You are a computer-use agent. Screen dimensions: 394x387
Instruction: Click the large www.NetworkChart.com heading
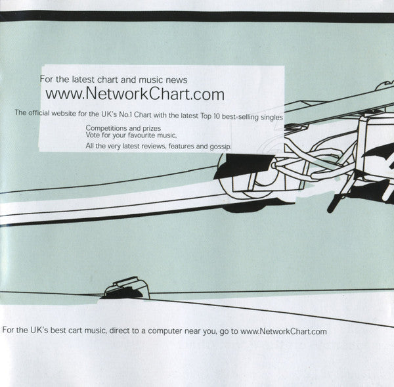[135, 95]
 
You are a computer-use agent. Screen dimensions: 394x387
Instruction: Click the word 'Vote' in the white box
[93, 135]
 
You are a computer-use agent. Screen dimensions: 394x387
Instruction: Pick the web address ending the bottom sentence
[284, 331]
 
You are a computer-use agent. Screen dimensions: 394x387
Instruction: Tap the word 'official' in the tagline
[39, 113]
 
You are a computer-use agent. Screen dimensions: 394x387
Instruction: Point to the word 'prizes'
[152, 129]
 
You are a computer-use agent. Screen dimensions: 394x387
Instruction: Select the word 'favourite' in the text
[141, 135]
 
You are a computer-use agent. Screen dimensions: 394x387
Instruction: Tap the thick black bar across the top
[197, 16]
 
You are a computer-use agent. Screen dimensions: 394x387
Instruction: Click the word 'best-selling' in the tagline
[240, 117]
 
